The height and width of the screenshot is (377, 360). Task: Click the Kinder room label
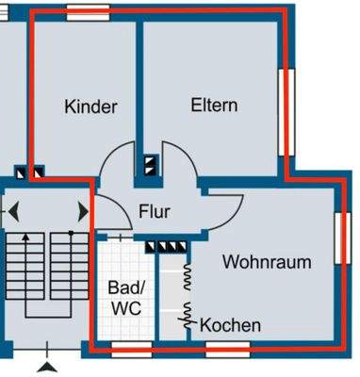point(90,107)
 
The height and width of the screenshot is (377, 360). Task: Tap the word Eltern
point(213,105)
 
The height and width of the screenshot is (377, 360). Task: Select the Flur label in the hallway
point(154,211)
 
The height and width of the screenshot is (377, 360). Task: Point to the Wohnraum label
point(267,262)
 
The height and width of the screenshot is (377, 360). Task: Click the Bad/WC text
point(124,297)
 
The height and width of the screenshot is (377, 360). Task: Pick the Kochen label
point(230,325)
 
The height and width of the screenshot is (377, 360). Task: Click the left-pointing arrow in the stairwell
point(13,212)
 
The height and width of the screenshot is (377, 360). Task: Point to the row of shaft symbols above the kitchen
point(169,247)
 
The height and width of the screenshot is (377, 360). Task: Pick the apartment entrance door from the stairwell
point(106,215)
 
